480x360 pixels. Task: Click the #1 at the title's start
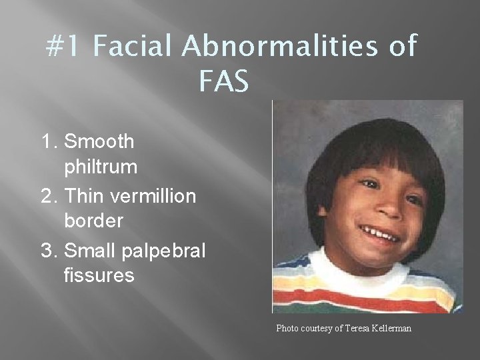[65, 48]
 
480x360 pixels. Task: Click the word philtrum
[101, 167]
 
